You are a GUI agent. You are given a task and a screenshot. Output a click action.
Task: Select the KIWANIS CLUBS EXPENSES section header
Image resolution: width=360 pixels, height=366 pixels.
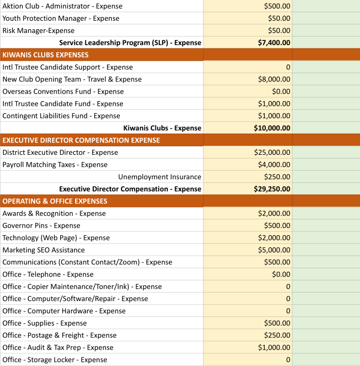click(46, 55)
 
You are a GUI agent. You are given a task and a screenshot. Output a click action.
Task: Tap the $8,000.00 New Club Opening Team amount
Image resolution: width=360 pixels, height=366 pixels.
click(274, 79)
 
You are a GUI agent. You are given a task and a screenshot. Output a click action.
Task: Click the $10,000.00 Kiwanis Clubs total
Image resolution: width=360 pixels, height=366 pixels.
click(272, 128)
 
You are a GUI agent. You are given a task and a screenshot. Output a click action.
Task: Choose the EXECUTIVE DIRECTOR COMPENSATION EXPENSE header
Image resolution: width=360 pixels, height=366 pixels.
click(81, 140)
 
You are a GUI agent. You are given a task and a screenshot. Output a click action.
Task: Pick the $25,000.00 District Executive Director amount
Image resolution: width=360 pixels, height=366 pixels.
click(272, 152)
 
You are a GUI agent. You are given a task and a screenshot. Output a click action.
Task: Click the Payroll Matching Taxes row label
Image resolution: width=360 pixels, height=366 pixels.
click(55, 164)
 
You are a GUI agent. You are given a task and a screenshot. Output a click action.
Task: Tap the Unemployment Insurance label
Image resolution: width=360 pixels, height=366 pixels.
click(160, 177)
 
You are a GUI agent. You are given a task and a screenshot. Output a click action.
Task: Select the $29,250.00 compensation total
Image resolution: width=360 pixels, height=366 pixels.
click(272, 189)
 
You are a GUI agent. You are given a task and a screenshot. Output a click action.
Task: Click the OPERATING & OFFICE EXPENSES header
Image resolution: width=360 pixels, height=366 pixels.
click(55, 201)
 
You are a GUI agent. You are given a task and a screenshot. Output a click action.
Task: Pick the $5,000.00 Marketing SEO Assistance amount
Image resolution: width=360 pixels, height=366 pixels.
click(274, 250)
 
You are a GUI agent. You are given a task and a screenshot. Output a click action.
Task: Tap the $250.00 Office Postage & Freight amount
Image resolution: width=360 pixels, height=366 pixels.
click(277, 335)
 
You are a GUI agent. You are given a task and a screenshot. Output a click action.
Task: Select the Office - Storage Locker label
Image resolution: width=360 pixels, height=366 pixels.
click(55, 360)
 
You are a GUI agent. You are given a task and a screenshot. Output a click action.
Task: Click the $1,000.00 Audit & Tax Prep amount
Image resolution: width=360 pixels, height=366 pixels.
click(274, 347)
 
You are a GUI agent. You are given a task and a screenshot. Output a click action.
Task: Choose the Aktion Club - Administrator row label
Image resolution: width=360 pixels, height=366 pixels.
click(62, 6)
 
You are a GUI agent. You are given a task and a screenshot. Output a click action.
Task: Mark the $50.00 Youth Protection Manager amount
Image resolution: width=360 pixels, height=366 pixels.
click(279, 19)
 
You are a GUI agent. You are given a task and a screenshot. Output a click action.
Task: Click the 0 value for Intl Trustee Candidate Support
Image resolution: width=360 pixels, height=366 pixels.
click(288, 67)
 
